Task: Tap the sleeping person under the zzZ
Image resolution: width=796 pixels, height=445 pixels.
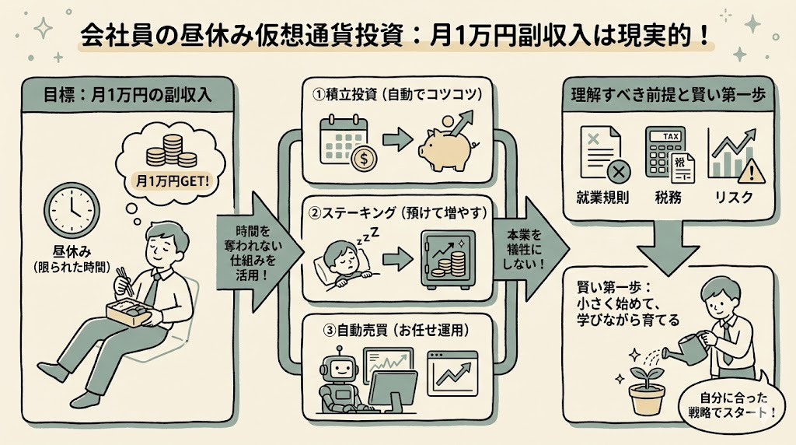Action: (x=344, y=261)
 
